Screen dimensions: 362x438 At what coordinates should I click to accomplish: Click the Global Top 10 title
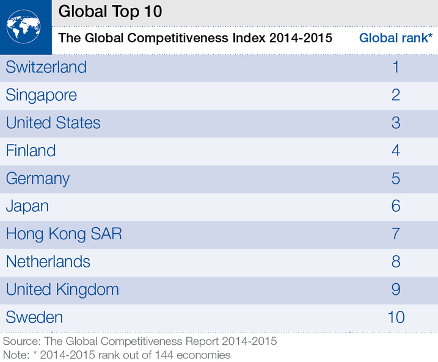tap(110, 12)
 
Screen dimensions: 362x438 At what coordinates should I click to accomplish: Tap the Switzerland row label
tap(46, 67)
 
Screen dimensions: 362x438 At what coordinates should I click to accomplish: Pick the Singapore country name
tap(42, 95)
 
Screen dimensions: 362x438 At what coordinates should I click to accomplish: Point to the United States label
tap(53, 123)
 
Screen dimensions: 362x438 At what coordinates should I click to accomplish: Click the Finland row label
tap(31, 151)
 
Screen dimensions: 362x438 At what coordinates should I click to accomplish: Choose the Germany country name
tap(38, 179)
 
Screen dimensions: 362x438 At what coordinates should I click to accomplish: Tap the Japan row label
tap(27, 206)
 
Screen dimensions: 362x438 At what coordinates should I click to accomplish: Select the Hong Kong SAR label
tap(64, 234)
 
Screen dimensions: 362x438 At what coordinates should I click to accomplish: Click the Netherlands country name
tap(48, 262)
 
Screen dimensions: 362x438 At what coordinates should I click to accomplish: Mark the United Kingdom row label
tap(62, 289)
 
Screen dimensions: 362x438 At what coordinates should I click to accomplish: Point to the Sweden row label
tap(34, 317)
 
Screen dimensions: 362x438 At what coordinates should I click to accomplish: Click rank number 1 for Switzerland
tap(396, 67)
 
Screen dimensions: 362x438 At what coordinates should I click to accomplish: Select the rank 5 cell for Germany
tap(396, 179)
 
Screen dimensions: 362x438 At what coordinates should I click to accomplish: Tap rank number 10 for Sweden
tap(396, 317)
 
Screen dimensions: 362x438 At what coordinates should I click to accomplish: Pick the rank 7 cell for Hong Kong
tap(396, 234)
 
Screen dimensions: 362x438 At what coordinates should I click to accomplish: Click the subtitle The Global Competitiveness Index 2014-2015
tap(195, 38)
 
